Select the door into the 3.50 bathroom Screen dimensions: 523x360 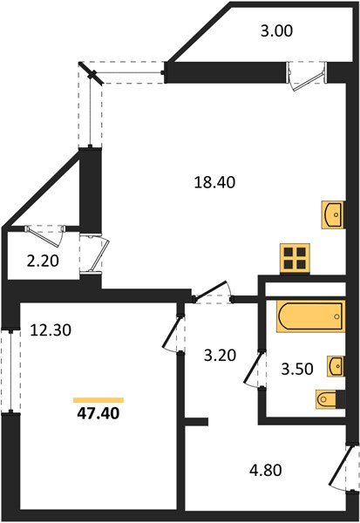click(255, 370)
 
